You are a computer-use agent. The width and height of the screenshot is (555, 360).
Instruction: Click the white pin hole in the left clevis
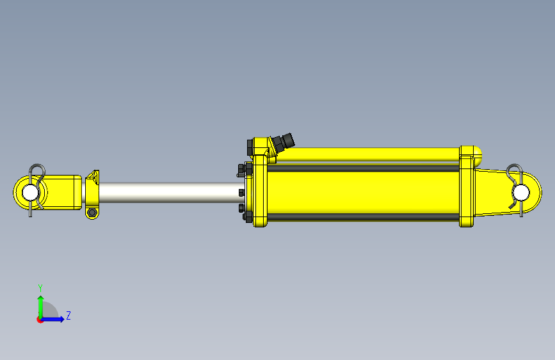[x=30, y=192]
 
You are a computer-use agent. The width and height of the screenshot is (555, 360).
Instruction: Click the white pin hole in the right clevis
[x=521, y=193]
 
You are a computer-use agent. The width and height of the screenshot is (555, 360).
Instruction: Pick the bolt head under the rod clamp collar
[x=92, y=213]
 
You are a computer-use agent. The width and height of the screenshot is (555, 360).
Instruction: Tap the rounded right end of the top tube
[x=478, y=156]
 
